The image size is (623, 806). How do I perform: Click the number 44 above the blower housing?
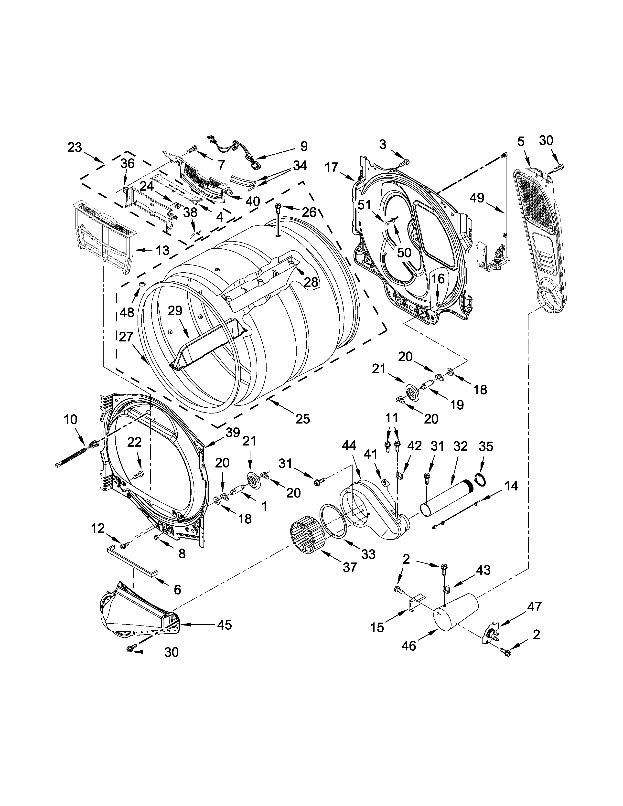click(x=349, y=446)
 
